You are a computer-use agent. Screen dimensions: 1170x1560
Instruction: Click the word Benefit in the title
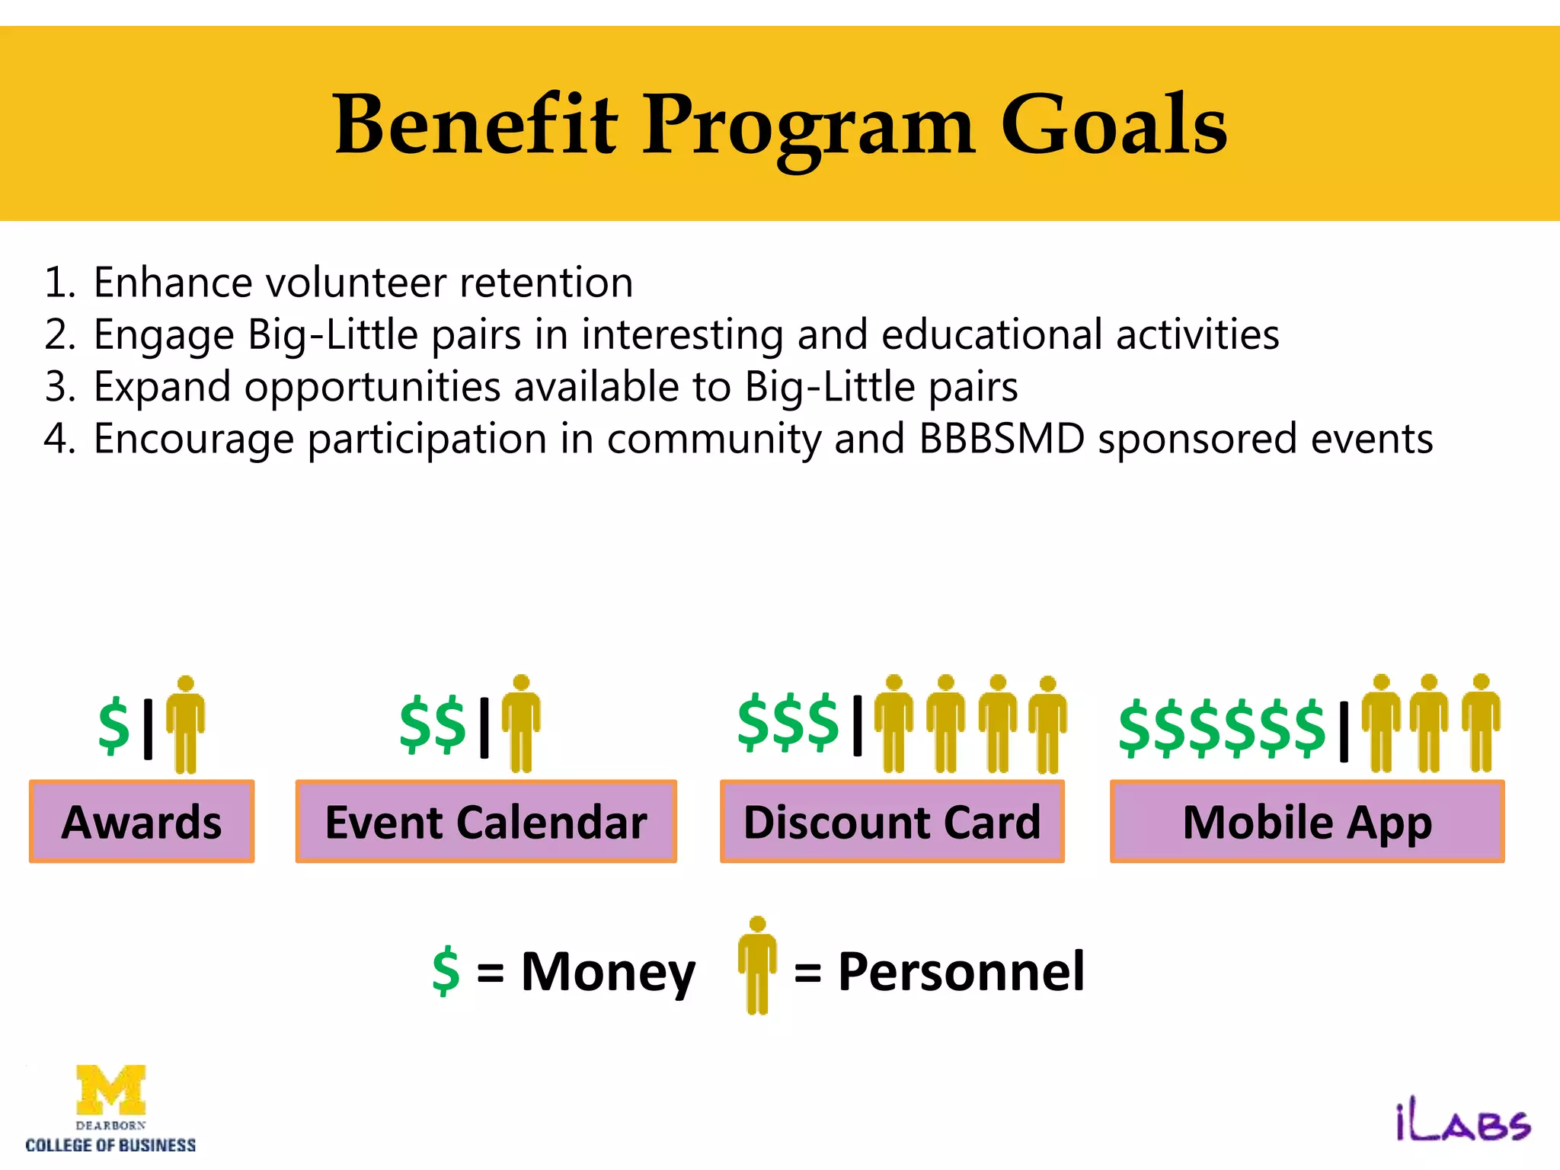pyautogui.click(x=475, y=124)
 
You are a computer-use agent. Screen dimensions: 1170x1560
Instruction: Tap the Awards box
pyautogui.click(x=142, y=822)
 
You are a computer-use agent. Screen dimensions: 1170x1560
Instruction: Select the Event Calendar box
pyautogui.click(x=486, y=822)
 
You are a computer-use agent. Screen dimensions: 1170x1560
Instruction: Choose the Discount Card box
pyautogui.click(x=892, y=822)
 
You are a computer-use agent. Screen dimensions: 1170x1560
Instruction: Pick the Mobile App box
pyautogui.click(x=1307, y=822)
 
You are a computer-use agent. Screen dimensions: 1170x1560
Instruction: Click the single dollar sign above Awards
pyautogui.click(x=114, y=725)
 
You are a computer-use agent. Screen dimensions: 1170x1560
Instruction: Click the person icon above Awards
pyautogui.click(x=185, y=724)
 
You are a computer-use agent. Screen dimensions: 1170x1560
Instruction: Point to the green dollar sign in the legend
pyautogui.click(x=446, y=971)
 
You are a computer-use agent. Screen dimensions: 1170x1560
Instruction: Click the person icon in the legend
pyautogui.click(x=757, y=965)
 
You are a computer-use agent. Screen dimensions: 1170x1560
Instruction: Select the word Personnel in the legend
pyautogui.click(x=961, y=972)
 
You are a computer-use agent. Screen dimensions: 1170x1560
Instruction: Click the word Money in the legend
pyautogui.click(x=608, y=972)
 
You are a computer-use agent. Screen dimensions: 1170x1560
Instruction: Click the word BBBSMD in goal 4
pyautogui.click(x=1001, y=439)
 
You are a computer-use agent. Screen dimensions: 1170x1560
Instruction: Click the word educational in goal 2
pyautogui.click(x=991, y=334)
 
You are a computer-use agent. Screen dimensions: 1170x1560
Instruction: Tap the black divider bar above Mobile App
pyautogui.click(x=1344, y=731)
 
